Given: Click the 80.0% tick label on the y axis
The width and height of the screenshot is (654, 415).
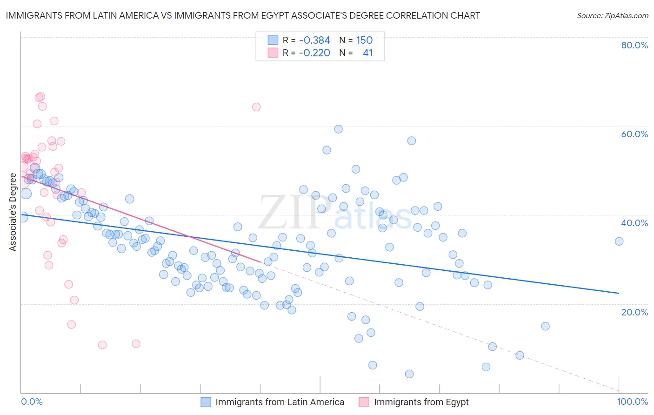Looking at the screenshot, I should (634, 45).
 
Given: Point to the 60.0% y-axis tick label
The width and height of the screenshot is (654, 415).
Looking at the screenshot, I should (634, 134).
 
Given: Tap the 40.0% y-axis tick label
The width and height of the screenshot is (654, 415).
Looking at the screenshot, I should (634, 223).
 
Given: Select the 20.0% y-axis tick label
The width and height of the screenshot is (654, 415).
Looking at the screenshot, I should (634, 312).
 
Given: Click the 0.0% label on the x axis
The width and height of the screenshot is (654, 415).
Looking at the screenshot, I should (32, 402).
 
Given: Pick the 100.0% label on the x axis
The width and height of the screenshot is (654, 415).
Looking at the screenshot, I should (632, 402).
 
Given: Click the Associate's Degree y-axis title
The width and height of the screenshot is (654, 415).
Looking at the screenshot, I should (13, 212).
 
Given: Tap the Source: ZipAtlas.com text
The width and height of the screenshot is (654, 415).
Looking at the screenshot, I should (612, 16).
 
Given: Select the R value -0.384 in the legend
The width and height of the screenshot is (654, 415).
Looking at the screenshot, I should (314, 40).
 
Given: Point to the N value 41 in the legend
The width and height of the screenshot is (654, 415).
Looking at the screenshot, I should (367, 53).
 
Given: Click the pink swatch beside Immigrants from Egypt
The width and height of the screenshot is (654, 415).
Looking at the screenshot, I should (364, 402).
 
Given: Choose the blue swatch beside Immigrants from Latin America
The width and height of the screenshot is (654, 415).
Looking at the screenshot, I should (206, 402).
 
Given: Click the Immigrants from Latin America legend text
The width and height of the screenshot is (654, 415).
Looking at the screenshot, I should (280, 402).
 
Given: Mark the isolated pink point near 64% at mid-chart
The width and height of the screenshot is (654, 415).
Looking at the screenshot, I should (256, 107).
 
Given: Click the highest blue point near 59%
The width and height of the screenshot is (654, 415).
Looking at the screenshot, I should (338, 129).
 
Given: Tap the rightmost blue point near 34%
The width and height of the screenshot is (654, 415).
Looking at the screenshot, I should (619, 241).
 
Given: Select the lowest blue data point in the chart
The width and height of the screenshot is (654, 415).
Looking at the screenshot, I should (409, 374).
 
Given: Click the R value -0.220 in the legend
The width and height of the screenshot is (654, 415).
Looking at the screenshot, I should (314, 53).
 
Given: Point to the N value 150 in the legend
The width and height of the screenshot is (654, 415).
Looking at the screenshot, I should (364, 40).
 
